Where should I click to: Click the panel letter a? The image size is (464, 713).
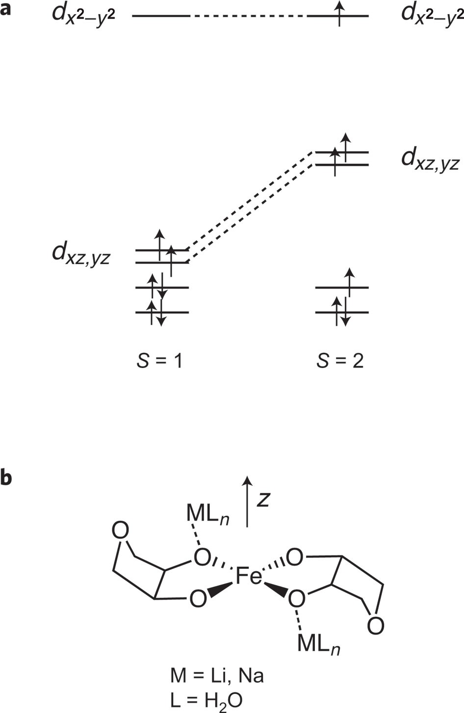pos(6,8)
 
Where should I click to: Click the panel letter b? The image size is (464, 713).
pos(6,477)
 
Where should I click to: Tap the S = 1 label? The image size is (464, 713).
pos(159,362)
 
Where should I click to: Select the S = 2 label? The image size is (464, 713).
pos(340,362)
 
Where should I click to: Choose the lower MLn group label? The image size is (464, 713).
pos(319,643)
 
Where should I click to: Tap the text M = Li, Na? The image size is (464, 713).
pos(217,676)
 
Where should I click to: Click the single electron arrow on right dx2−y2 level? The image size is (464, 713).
pos(339,13)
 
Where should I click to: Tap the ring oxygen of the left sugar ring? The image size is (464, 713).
pos(121,531)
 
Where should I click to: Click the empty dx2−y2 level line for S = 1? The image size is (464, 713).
pos(161,16)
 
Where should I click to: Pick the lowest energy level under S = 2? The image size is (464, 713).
pos(341,313)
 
